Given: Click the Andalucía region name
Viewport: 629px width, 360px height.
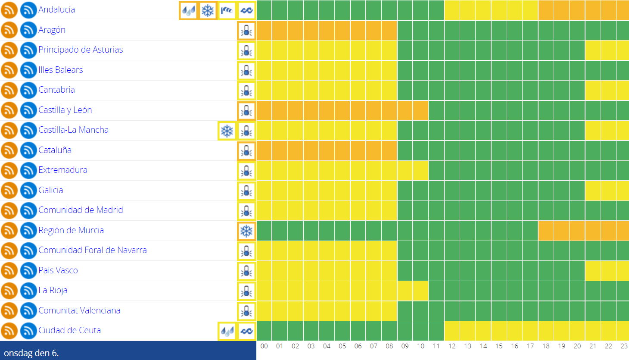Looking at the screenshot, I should (x=56, y=9).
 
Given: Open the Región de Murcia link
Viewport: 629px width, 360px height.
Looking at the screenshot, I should (x=71, y=230).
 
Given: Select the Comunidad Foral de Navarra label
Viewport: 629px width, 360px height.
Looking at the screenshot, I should (x=93, y=250).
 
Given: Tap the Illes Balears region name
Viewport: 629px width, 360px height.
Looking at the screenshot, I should (x=61, y=70).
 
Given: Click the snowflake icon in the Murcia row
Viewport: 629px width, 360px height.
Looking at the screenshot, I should (x=246, y=231).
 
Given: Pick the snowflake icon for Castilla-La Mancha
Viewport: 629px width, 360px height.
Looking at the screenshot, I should (x=227, y=131).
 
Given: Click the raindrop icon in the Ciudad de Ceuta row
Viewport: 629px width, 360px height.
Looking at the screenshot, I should (x=227, y=331).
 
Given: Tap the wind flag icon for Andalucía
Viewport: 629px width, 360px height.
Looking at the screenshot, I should (x=227, y=10).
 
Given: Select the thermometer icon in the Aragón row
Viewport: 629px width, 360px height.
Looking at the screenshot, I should (x=246, y=31).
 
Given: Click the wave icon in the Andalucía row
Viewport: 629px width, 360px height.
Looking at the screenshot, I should (x=246, y=10).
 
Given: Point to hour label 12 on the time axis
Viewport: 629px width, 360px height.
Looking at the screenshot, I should (x=452, y=346).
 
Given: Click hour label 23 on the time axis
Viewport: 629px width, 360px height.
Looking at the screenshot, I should (x=624, y=346).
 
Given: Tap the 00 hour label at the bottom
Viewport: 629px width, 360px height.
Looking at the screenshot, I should (x=264, y=346).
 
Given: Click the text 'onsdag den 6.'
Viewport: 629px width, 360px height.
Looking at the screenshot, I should (x=31, y=353).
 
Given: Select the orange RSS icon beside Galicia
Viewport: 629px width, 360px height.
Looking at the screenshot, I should (x=9, y=191).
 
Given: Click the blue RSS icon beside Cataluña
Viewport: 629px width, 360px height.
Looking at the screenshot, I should (x=28, y=150).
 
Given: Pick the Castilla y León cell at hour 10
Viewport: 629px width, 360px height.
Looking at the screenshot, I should (x=420, y=110).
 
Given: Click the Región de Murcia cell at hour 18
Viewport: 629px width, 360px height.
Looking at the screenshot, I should (x=546, y=231).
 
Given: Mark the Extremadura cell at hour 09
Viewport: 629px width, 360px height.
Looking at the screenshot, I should (x=405, y=170).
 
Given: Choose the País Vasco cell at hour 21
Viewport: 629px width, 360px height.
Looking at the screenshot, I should (x=593, y=271).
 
